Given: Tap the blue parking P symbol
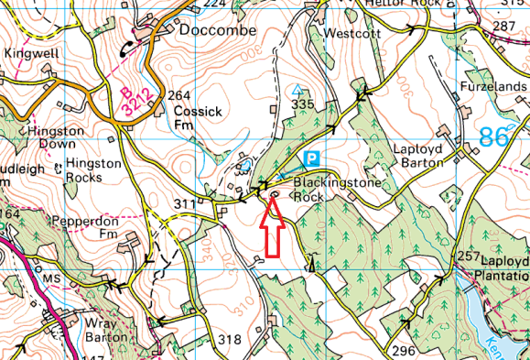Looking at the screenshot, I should tap(312, 158).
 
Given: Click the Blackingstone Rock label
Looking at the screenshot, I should tap(322, 190).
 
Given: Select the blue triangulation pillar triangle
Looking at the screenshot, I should tap(296, 90).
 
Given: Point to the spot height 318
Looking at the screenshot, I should tap(230, 340).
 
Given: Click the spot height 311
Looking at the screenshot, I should tap(186, 203).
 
